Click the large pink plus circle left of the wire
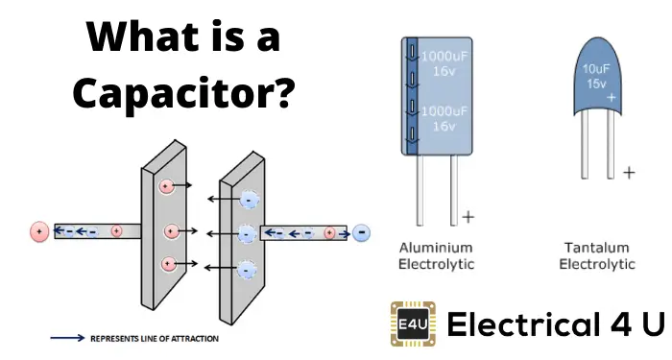coord(39,231)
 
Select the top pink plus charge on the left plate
coord(165,184)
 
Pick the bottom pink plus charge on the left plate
coord(170,263)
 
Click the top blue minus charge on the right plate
coord(249,200)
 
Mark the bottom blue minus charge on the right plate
coord(248,269)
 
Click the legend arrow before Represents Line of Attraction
coord(66,338)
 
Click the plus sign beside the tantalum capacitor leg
coord(629,173)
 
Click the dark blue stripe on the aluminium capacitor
coord(411,96)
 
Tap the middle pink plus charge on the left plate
coord(171,231)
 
